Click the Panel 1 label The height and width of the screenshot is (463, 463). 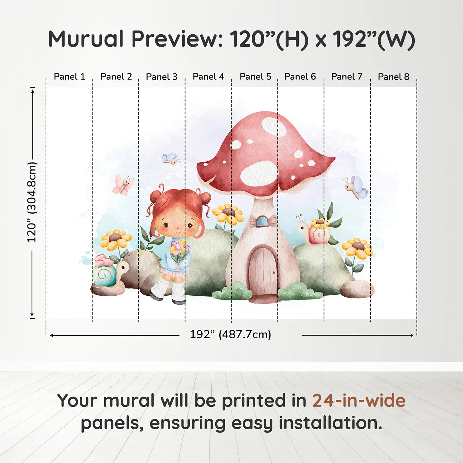(69, 77)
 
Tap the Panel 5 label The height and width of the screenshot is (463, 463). (255, 77)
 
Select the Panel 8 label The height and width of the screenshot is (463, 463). (394, 77)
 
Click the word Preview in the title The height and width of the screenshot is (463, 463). (174, 39)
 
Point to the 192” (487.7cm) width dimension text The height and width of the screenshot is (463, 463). (231, 334)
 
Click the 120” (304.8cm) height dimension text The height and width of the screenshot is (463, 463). (32, 202)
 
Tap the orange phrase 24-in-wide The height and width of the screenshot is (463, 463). (359, 400)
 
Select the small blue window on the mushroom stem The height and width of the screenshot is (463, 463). (262, 221)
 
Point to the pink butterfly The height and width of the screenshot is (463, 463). (123, 184)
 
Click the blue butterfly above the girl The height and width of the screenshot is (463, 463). (171, 159)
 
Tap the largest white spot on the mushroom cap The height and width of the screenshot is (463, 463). (259, 174)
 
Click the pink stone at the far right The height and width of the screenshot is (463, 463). (357, 289)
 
